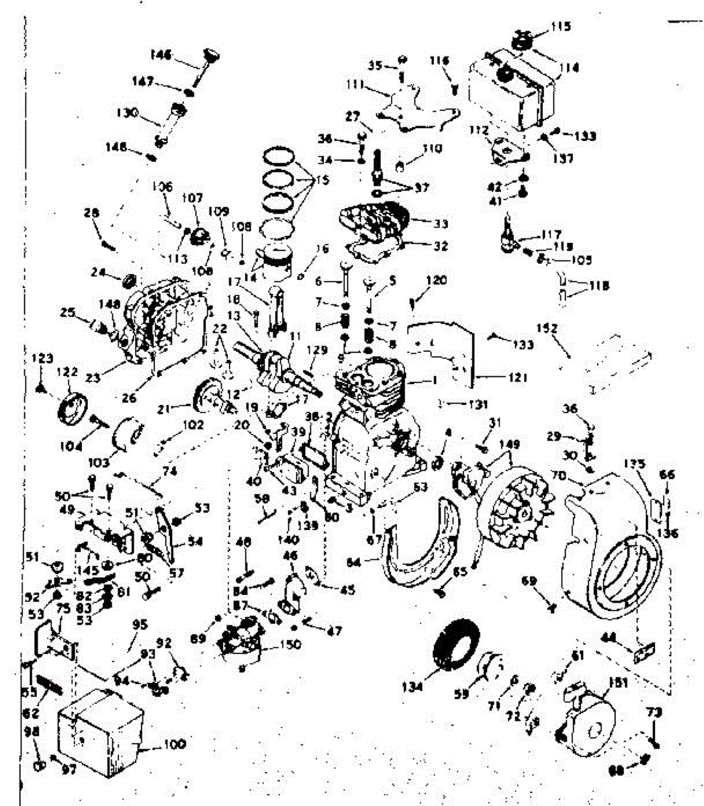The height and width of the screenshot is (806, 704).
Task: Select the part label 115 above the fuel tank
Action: click(561, 27)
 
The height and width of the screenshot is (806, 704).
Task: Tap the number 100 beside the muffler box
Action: click(174, 744)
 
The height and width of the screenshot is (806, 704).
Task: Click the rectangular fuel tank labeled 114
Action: click(514, 87)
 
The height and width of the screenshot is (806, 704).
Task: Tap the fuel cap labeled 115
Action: click(523, 39)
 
